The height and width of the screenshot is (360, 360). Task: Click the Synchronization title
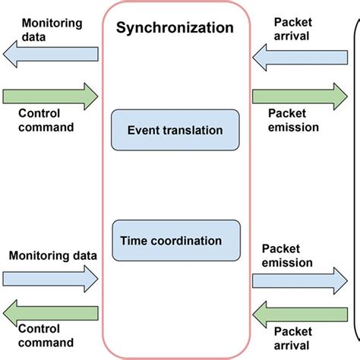point(175,30)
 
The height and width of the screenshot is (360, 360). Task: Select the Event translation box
point(175,130)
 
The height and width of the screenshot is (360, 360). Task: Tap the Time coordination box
point(175,241)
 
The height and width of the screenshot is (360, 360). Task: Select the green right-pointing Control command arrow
point(50,96)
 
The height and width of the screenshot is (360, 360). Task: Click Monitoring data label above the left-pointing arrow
point(45,28)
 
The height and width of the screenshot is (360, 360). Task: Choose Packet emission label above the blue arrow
point(287,255)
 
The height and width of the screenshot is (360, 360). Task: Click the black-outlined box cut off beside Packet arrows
point(355,182)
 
